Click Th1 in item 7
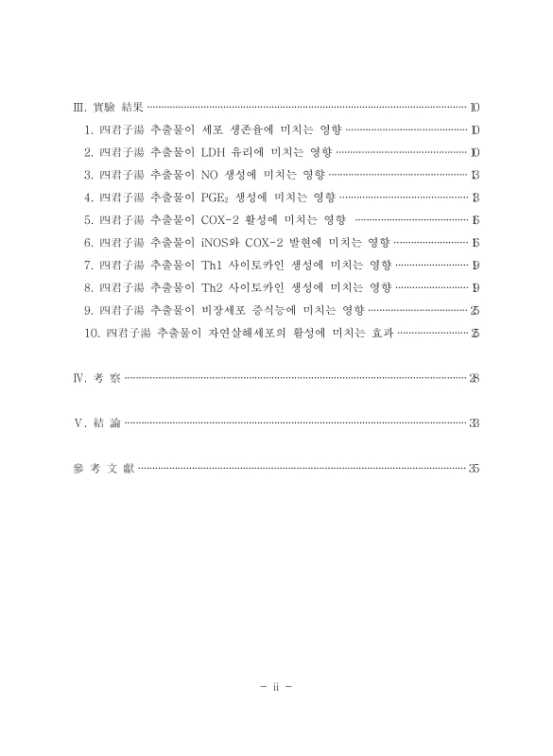tap(214, 265)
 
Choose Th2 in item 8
tap(214, 287)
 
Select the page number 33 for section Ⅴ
tap(474, 423)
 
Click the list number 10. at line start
tap(92, 333)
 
